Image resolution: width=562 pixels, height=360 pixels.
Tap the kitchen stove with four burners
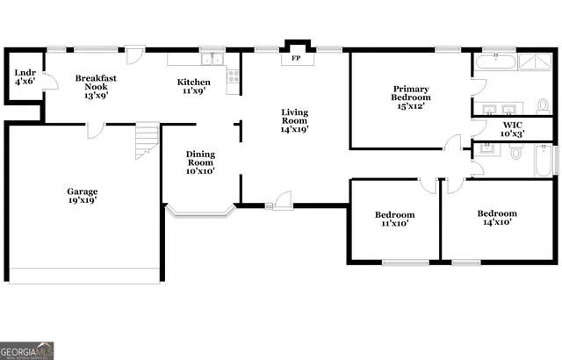coord(233,76)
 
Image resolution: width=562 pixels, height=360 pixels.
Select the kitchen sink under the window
coord(212,60)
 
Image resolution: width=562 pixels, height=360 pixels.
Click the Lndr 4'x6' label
coord(23,76)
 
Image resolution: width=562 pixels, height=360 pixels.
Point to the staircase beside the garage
coord(146,140)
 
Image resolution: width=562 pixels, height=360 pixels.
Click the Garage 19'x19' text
coord(83,196)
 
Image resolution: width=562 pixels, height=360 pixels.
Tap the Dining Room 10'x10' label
coord(200,162)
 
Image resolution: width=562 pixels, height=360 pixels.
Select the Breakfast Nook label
coord(96,86)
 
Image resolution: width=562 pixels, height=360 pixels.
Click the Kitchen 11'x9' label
coord(194,86)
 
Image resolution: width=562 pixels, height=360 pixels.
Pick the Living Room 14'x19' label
coord(294,120)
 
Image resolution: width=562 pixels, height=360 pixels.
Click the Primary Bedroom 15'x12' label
coord(410,97)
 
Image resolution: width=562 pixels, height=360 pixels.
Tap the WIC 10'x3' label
coord(514,130)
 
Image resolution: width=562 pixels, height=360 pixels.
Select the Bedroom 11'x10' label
coord(394,219)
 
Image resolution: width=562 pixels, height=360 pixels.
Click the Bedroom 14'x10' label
coord(496,218)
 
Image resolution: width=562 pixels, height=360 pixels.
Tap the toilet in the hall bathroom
coord(516,154)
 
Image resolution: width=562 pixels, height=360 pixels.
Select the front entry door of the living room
coord(282,201)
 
